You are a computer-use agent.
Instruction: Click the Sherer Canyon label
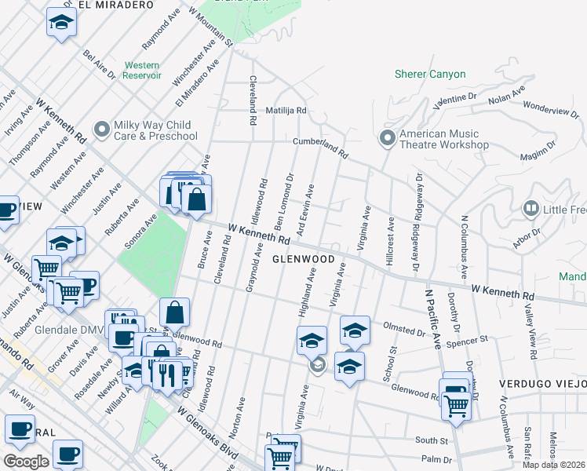pyautogui.click(x=430, y=75)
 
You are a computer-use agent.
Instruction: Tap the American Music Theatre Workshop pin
pyautogui.click(x=387, y=138)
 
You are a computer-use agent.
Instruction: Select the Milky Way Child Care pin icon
pyautogui.click(x=101, y=128)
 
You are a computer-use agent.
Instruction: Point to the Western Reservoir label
pyautogui.click(x=142, y=71)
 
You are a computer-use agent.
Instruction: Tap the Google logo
pyautogui.click(x=25, y=462)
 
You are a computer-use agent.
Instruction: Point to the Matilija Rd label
pyautogui.click(x=285, y=111)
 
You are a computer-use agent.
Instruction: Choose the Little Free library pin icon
pyautogui.click(x=531, y=208)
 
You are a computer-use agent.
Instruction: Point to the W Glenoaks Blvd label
pyautogui.click(x=208, y=431)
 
